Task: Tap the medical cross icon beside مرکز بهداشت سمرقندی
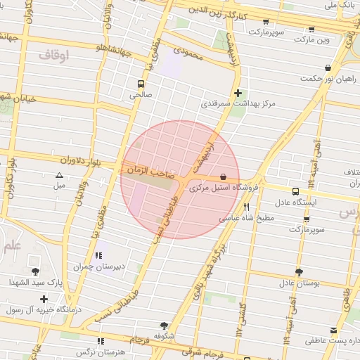pos(238,92)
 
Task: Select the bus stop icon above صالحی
pos(139,83)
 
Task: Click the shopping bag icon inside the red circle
pos(223,176)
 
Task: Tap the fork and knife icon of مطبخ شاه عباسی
pos(246,207)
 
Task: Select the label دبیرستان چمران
pos(98,267)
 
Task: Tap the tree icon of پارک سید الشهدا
pos(36,271)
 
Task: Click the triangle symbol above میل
pos(59,175)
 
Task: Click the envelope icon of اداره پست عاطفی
pos(333,330)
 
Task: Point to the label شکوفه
pos(165,337)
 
